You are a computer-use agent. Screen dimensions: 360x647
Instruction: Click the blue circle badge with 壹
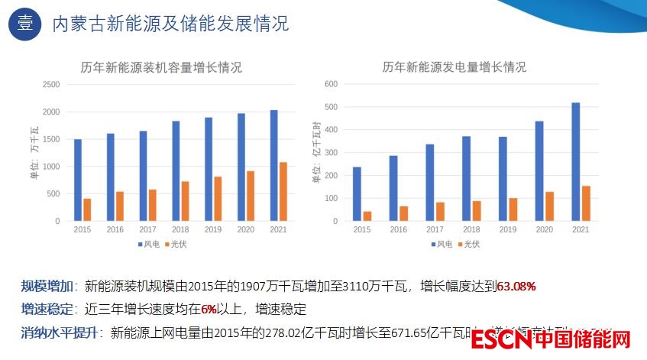pyautogui.click(x=24, y=24)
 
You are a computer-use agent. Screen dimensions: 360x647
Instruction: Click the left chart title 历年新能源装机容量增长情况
pyautogui.click(x=161, y=67)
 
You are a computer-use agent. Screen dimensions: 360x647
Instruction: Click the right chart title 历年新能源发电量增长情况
pyautogui.click(x=454, y=67)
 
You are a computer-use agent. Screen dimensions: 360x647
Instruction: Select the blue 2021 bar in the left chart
pyautogui.click(x=273, y=165)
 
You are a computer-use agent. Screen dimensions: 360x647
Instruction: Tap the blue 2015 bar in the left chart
pyautogui.click(x=78, y=180)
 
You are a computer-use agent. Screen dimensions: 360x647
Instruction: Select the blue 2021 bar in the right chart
pyautogui.click(x=575, y=161)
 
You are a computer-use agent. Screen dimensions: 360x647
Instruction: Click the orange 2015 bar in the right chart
pyautogui.click(x=367, y=216)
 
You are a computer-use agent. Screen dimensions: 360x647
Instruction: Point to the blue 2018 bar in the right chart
pyautogui.click(x=466, y=178)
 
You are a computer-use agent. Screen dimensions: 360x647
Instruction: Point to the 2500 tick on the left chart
pyautogui.click(x=51, y=85)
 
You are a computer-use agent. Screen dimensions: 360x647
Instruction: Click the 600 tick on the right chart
pyautogui.click(x=332, y=84)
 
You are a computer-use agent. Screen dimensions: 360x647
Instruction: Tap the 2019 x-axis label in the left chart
pyautogui.click(x=213, y=229)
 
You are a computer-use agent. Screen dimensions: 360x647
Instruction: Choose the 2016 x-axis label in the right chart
pyautogui.click(x=399, y=229)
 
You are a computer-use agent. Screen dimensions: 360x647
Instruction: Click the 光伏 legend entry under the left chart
pyautogui.click(x=179, y=245)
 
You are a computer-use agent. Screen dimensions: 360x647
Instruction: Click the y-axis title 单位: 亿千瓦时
pyautogui.click(x=315, y=152)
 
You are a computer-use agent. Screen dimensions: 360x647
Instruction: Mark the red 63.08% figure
pyautogui.click(x=516, y=287)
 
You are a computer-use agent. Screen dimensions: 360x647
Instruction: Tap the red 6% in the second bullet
pyautogui.click(x=209, y=310)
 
